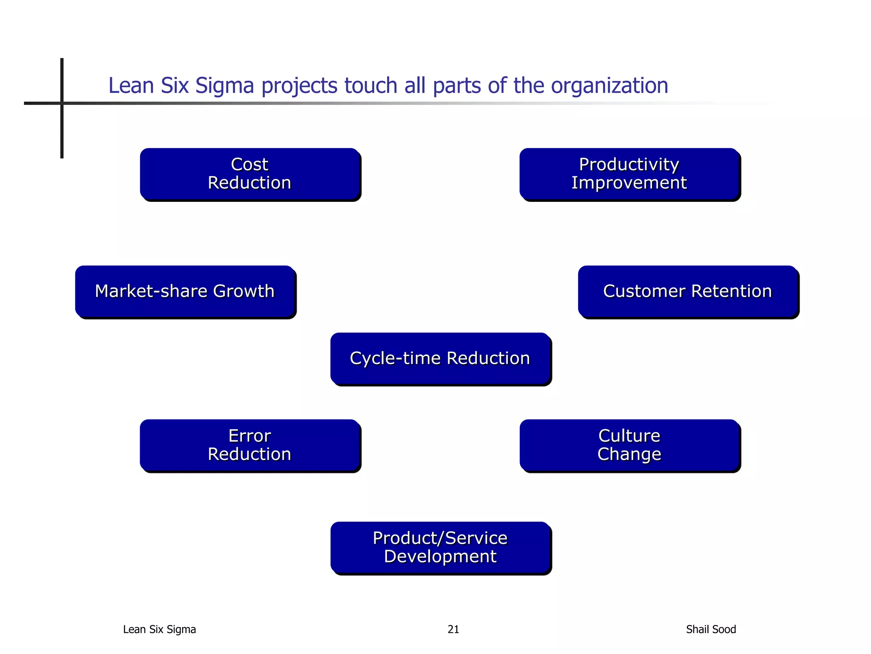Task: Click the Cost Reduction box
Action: [x=250, y=174]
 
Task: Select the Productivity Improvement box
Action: [x=629, y=174]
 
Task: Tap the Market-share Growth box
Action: [x=185, y=291]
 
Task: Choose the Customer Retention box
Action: [x=688, y=291]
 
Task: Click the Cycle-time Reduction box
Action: [x=440, y=359]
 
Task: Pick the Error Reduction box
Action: [x=250, y=445]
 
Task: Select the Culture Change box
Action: [x=629, y=445]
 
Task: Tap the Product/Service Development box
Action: [x=440, y=547]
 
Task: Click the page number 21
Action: [x=453, y=629]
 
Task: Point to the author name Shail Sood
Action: [x=711, y=629]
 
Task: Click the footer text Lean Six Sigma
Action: [x=159, y=629]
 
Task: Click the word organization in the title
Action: [x=609, y=86]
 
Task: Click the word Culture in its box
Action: [x=629, y=436]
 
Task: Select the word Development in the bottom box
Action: [x=440, y=556]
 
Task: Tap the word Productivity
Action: [x=629, y=165]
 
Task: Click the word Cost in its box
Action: [x=250, y=164]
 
